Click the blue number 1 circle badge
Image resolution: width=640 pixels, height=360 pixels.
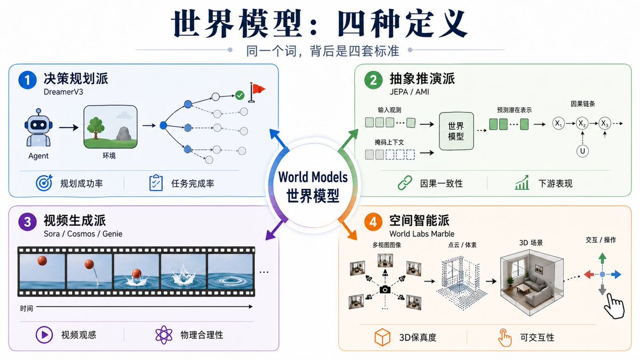click(x=27, y=80)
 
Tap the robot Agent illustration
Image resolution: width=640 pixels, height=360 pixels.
click(x=38, y=127)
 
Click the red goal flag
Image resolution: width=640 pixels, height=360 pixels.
click(x=257, y=92)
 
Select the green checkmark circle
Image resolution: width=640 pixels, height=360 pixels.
click(x=239, y=95)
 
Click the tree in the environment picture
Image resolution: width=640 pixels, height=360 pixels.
click(x=95, y=128)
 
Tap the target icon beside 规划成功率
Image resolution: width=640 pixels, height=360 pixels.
click(x=44, y=182)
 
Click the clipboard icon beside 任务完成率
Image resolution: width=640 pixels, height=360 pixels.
click(x=156, y=182)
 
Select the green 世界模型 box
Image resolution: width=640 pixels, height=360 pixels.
click(x=456, y=131)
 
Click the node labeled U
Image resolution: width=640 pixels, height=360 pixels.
click(x=582, y=151)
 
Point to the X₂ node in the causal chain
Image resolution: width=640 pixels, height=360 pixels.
click(x=582, y=123)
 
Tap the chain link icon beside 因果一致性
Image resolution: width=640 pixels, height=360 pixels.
click(x=405, y=183)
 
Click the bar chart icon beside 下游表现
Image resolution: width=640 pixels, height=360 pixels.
click(x=522, y=182)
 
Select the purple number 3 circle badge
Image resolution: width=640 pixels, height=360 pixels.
click(x=27, y=222)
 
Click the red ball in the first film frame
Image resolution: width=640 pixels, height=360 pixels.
click(x=42, y=261)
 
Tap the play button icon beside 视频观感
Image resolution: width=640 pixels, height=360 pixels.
click(x=44, y=334)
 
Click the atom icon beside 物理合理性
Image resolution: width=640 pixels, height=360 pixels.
click(x=164, y=334)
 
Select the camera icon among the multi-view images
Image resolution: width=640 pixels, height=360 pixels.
click(x=385, y=290)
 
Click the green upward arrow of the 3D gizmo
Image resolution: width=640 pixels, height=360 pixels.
click(x=602, y=258)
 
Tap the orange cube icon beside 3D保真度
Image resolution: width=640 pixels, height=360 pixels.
click(x=382, y=337)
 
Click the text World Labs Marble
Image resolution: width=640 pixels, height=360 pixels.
click(x=422, y=234)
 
